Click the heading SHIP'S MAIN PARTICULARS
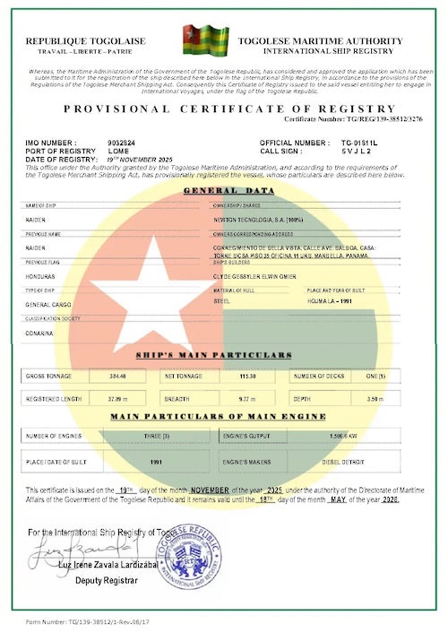pos(224,356)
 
